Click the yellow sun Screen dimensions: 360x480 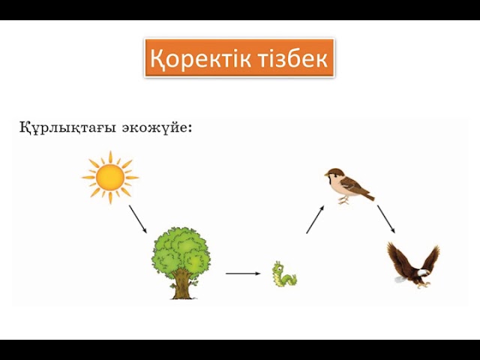tap(110, 177)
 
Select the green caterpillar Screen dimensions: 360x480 tap(284, 274)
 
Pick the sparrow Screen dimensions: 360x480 tap(346, 186)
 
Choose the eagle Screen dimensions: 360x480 tap(412, 265)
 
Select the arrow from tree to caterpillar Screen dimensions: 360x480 tap(242, 274)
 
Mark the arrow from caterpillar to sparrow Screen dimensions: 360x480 tap(315, 220)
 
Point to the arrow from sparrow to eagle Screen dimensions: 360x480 tap(385, 218)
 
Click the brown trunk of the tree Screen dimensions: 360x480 tap(181, 286)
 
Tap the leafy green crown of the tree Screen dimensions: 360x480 tap(181, 250)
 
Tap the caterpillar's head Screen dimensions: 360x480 tap(278, 267)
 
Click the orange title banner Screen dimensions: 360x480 tap(239, 58)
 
